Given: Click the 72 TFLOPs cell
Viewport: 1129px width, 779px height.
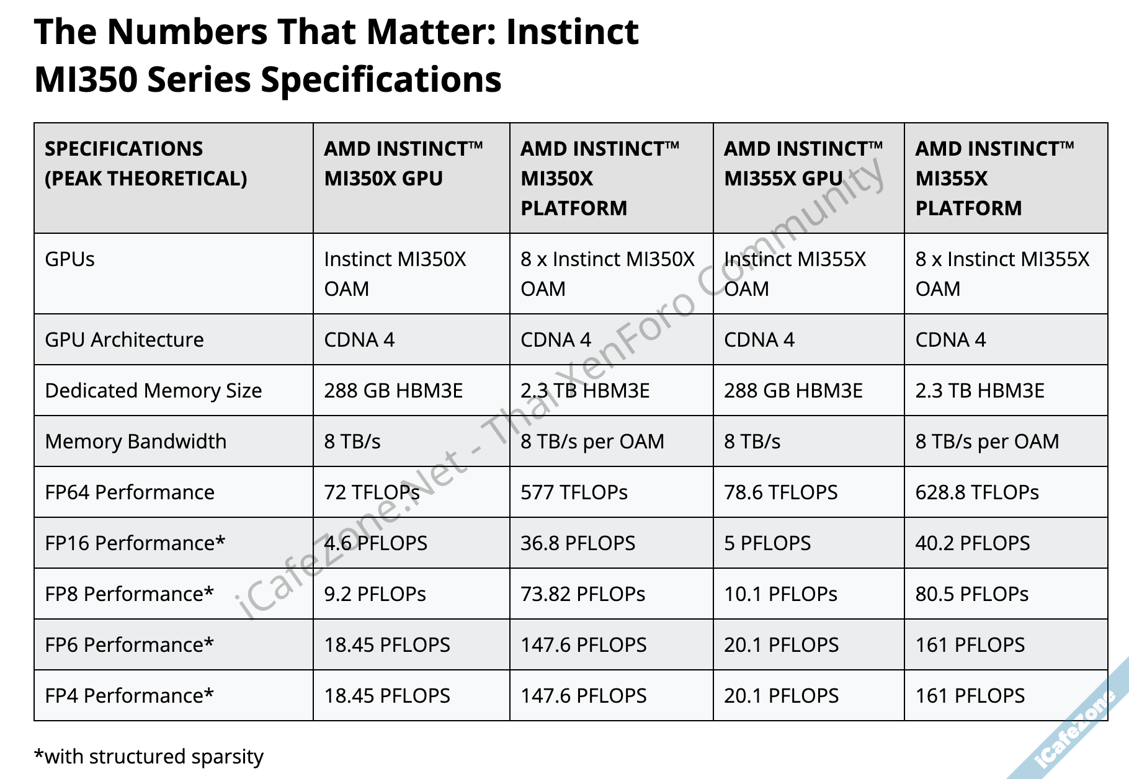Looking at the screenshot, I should tap(372, 492).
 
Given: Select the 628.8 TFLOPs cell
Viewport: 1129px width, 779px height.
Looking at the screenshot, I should tap(977, 492).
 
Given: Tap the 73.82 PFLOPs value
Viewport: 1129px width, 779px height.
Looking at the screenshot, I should tap(582, 594).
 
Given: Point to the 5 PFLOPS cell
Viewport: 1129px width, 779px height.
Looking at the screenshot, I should tap(767, 543).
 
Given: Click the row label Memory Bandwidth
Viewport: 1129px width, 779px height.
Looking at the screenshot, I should tap(136, 442).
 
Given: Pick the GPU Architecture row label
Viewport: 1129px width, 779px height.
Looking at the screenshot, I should tap(124, 340).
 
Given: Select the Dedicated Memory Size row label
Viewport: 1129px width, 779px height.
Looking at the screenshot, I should tap(153, 391).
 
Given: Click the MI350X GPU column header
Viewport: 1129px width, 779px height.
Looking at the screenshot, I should tap(403, 164).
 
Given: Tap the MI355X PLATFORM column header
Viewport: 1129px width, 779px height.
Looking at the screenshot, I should tap(994, 179).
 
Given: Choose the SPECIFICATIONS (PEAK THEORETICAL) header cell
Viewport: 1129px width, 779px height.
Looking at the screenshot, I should tap(146, 164).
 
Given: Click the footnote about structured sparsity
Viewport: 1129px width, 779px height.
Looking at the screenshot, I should tap(149, 757).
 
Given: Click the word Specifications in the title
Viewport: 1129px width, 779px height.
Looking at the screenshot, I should tap(381, 80).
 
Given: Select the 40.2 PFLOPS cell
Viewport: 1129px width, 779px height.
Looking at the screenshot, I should tap(972, 543).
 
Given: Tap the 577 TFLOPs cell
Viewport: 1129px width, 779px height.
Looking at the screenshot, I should tap(574, 492).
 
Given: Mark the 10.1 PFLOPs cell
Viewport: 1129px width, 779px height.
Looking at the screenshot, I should tap(780, 594).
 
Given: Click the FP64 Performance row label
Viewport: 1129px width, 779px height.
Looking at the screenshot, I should tap(130, 492).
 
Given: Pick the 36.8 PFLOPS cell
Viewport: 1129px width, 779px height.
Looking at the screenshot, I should tap(578, 543).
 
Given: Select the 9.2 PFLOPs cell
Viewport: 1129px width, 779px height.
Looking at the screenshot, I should tap(375, 594).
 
